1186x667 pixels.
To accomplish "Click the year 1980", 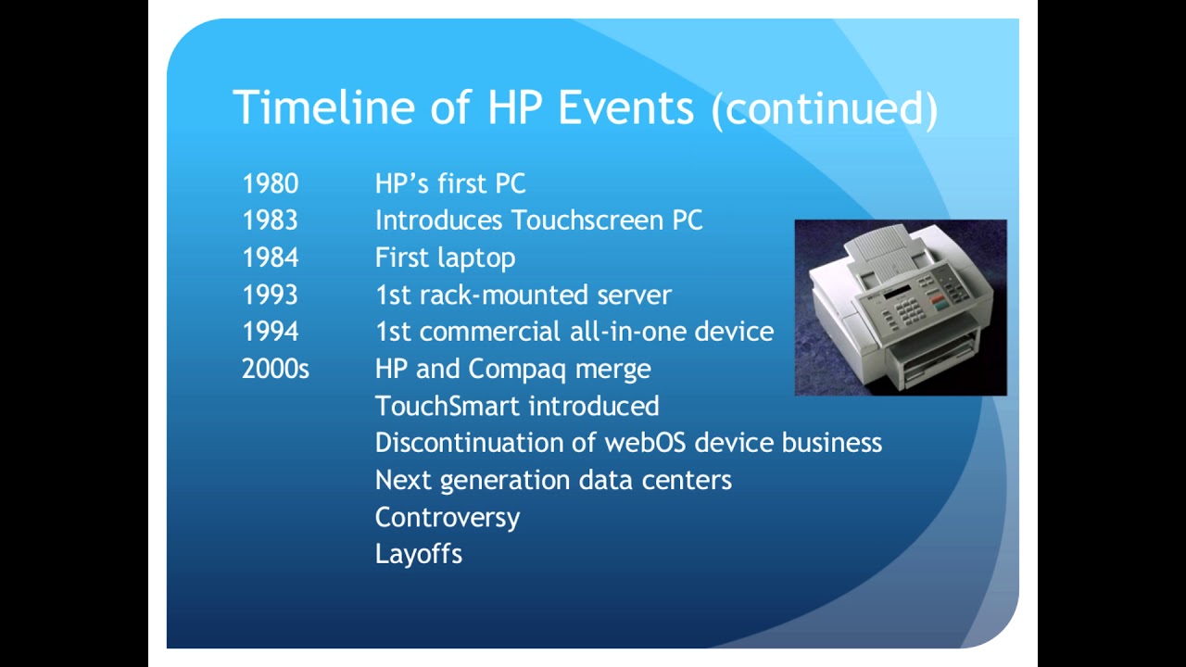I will pyautogui.click(x=270, y=183).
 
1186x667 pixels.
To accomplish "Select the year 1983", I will pyautogui.click(x=270, y=220).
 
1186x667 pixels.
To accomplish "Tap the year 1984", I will pyautogui.click(x=270, y=258).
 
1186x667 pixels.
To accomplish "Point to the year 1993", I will pyautogui.click(x=270, y=295).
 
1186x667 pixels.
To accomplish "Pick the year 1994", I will pyautogui.click(x=270, y=332).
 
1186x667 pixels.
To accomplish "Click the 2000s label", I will pyautogui.click(x=275, y=369).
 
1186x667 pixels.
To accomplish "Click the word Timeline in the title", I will pyautogui.click(x=324, y=107).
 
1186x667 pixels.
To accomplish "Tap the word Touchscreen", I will pyautogui.click(x=587, y=220).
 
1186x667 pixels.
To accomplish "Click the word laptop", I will pyautogui.click(x=477, y=258).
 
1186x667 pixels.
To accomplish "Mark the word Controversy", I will pyautogui.click(x=447, y=517).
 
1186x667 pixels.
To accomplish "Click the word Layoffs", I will pyautogui.click(x=418, y=554).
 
